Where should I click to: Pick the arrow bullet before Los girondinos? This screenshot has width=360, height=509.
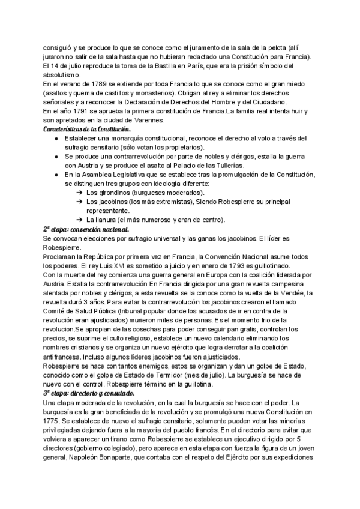click(79, 193)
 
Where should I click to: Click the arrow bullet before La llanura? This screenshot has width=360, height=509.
click(79, 220)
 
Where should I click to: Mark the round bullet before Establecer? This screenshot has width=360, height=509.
click(56, 139)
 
